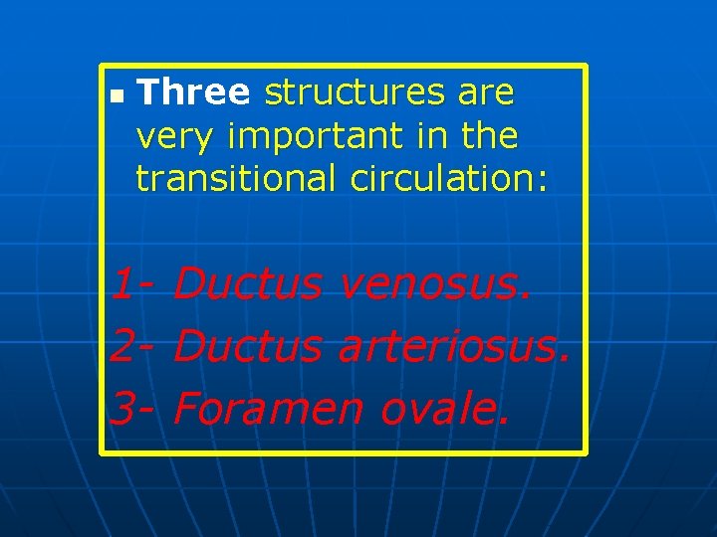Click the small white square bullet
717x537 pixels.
[x=117, y=97]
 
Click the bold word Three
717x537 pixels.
[x=193, y=92]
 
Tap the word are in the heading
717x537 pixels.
[x=486, y=92]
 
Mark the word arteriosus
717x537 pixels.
[x=454, y=346]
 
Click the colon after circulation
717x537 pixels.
[x=543, y=180]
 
